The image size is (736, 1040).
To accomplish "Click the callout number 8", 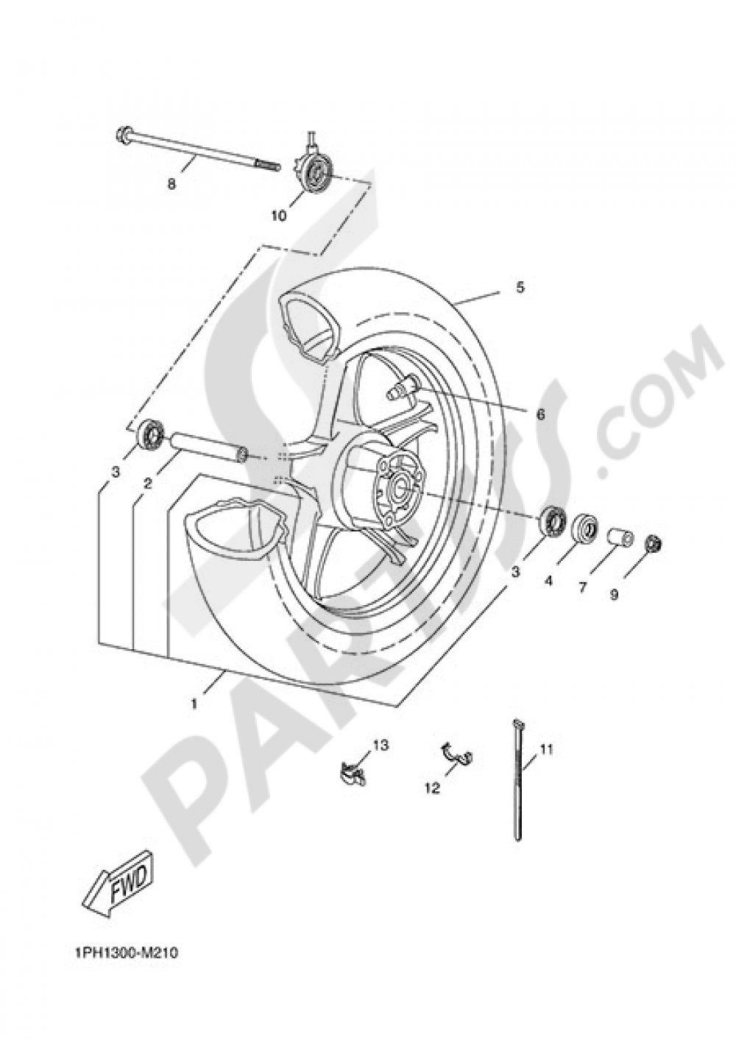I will tap(171, 184).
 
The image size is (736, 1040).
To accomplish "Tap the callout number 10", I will tap(279, 216).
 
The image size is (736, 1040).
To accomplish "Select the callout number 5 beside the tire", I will tap(540, 288).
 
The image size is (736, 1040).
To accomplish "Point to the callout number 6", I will tap(540, 414).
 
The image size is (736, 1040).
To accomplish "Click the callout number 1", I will tap(194, 704).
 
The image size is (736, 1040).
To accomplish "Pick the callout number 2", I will tap(148, 484).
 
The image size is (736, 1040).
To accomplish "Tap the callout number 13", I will tap(379, 746).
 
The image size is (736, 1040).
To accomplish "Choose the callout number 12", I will tap(432, 788).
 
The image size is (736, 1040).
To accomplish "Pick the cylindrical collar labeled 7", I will tap(618, 538).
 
